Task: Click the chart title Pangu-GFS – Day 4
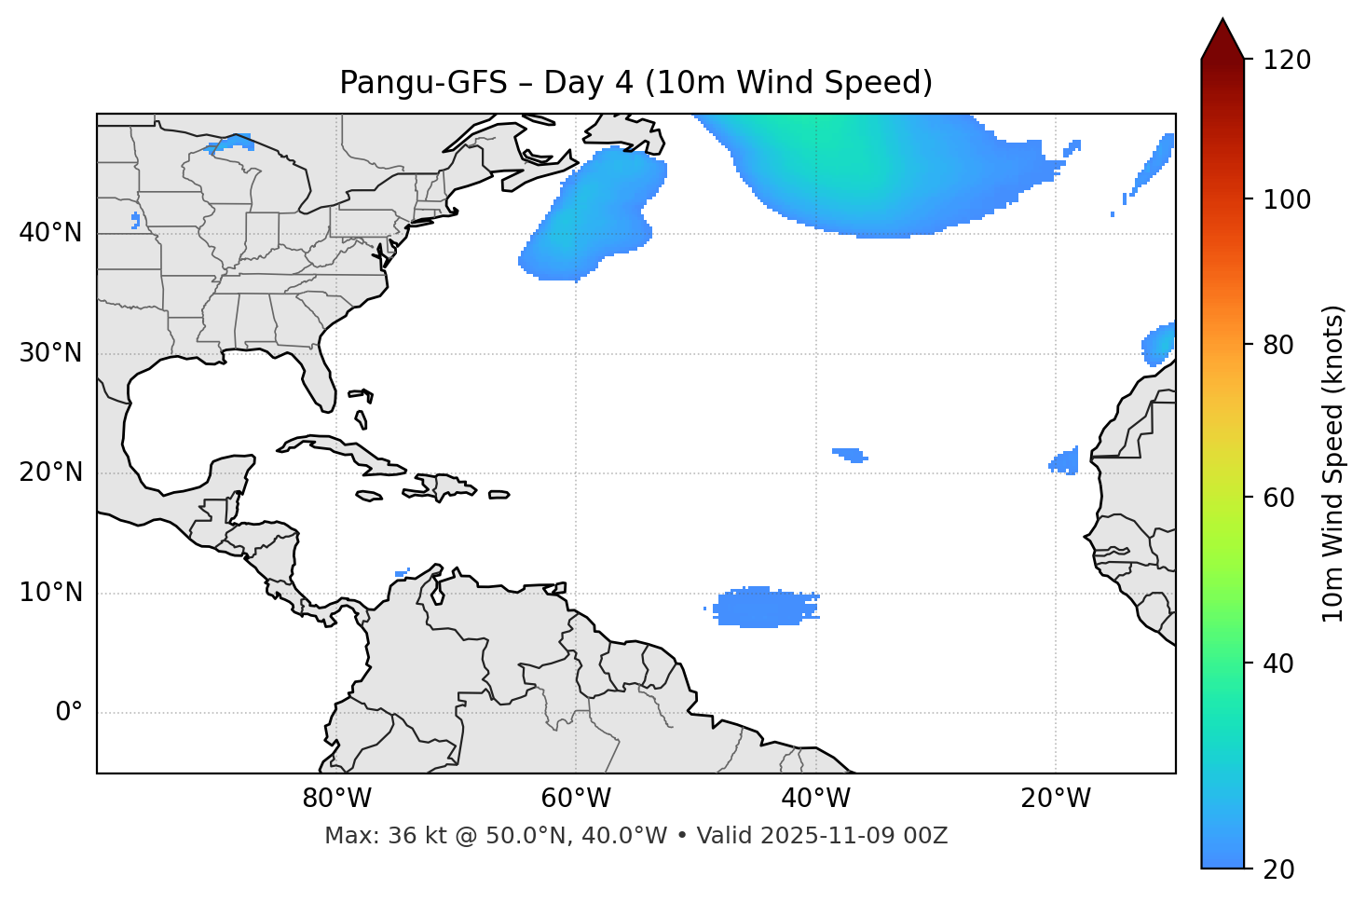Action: [635, 83]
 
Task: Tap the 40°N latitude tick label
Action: [50, 233]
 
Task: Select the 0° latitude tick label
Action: [69, 713]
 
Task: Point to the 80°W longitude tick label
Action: [336, 799]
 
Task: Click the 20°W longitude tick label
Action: [1055, 799]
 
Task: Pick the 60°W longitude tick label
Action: [576, 799]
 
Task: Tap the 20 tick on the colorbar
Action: [1281, 869]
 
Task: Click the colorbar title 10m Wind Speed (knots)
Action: [1333, 463]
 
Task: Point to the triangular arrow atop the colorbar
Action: [1223, 40]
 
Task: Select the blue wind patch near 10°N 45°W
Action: [762, 608]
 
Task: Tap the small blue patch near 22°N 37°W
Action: [850, 455]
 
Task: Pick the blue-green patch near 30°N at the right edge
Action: [1160, 345]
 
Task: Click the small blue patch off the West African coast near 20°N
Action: [1066, 461]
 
